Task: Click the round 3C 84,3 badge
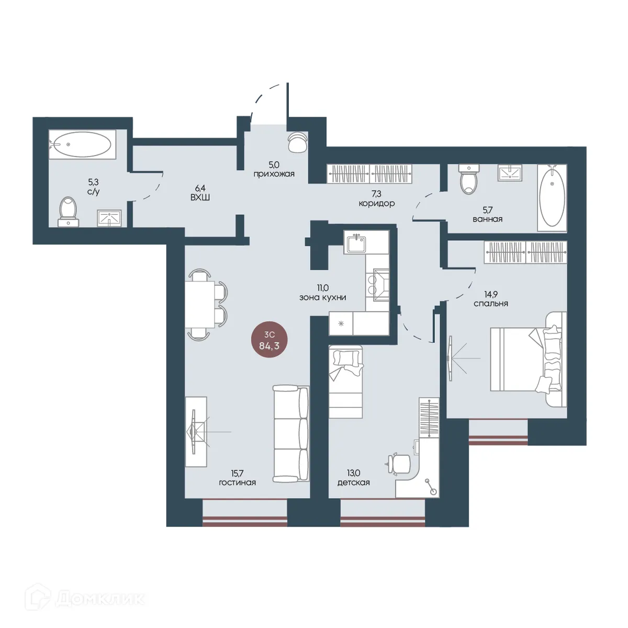coord(269,341)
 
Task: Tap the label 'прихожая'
coord(274,174)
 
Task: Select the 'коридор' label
coord(377,204)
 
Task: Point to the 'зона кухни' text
coord(323,297)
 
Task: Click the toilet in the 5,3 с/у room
coord(69,212)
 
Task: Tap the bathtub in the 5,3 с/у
coord(83,144)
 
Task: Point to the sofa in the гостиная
coord(290,433)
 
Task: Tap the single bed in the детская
coord(346,382)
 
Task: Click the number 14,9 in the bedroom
coord(491,295)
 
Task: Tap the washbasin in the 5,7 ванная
coord(510,172)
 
